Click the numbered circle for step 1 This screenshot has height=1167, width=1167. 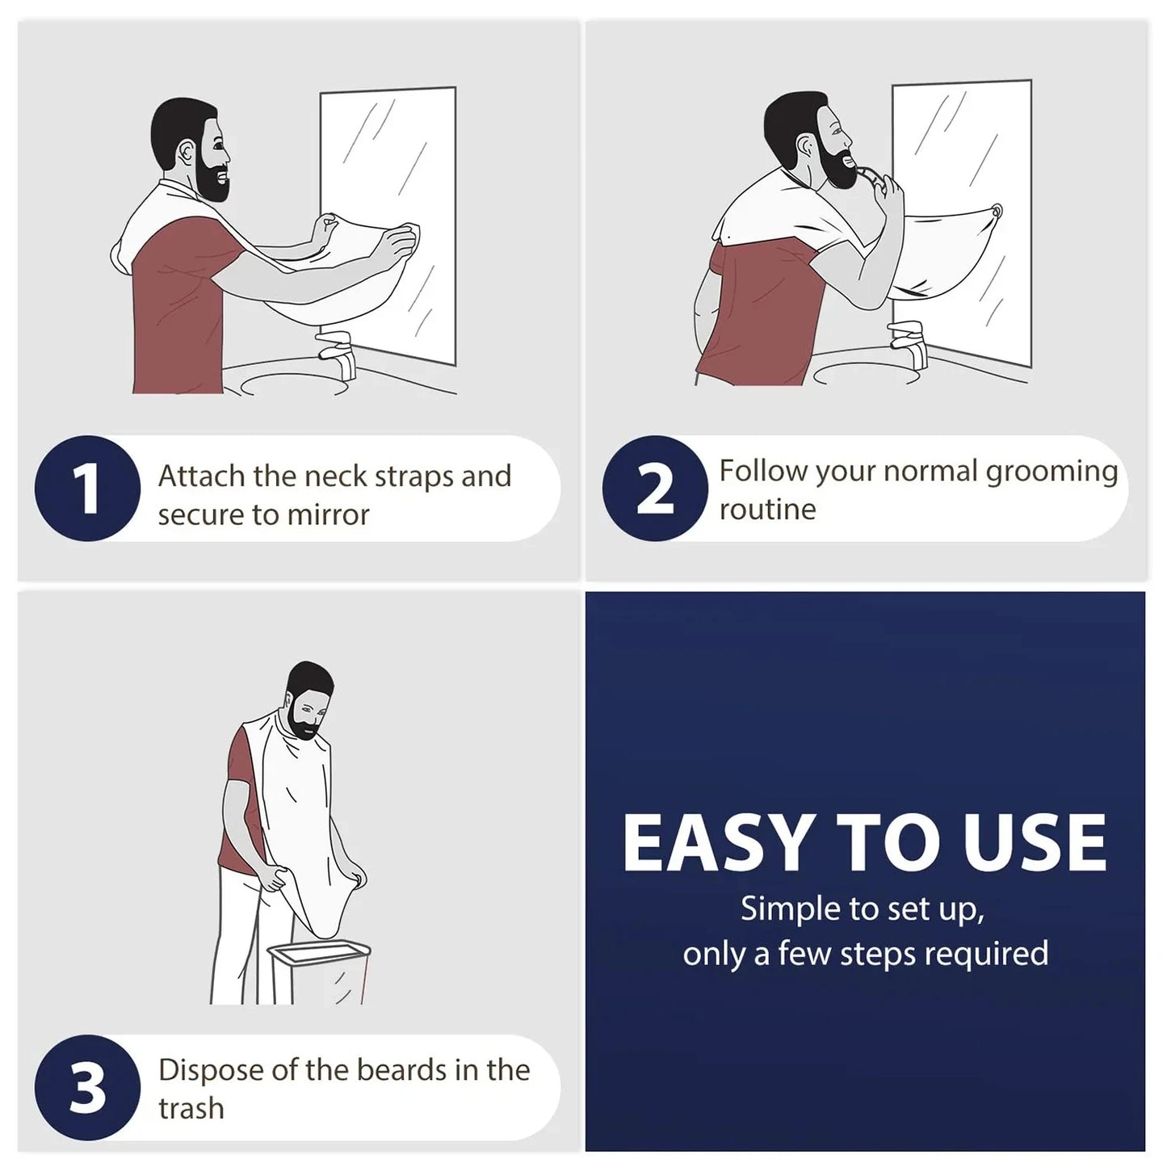click(87, 488)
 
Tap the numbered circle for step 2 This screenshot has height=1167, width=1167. click(655, 488)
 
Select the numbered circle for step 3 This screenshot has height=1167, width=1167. click(87, 1087)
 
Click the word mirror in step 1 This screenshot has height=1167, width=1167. click(328, 514)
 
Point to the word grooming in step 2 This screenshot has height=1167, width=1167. click(1052, 472)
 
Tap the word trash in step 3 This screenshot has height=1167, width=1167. click(191, 1108)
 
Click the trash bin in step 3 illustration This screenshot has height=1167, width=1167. click(319, 972)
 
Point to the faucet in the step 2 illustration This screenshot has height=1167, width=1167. click(909, 344)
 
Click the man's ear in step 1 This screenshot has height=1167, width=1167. click(187, 153)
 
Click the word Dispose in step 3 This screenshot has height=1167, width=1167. click(212, 1071)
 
